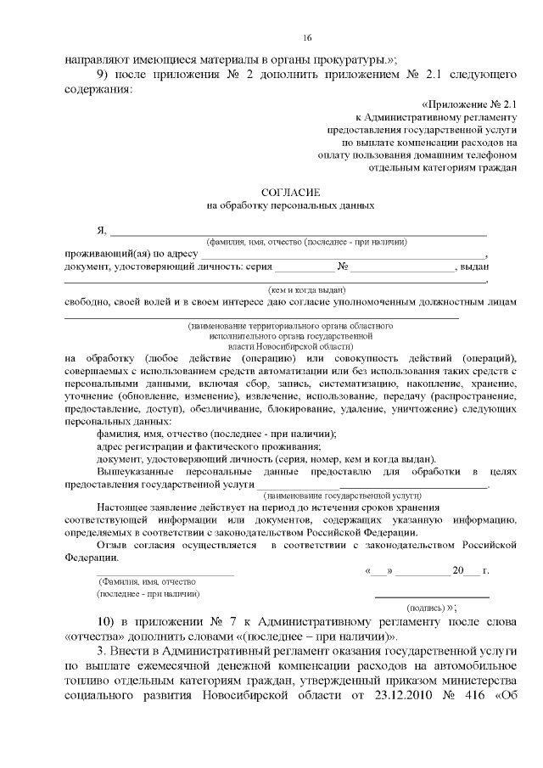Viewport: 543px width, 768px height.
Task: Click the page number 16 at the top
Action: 307,38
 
